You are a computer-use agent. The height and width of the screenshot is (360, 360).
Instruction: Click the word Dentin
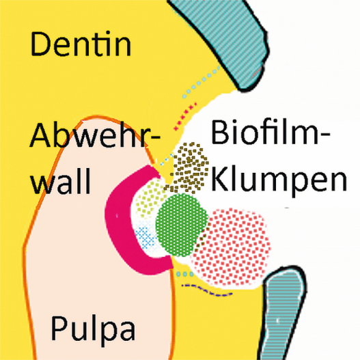pyautogui.click(x=81, y=44)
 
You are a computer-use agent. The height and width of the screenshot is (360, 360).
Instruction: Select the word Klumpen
pyautogui.click(x=279, y=181)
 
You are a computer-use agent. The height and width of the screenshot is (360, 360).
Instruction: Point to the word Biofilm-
pyautogui.click(x=271, y=133)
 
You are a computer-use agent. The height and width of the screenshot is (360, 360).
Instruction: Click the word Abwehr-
pyautogui.click(x=95, y=135)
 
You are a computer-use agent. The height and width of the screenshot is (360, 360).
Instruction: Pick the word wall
pyautogui.click(x=61, y=181)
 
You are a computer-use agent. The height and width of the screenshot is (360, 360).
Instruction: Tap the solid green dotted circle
pyautogui.click(x=182, y=225)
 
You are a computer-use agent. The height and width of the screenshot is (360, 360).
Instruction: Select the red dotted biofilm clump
pyautogui.click(x=232, y=248)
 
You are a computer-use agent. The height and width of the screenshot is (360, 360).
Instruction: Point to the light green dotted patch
pyautogui.click(x=149, y=197)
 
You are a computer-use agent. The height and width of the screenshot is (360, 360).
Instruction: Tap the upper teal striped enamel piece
pyautogui.click(x=226, y=39)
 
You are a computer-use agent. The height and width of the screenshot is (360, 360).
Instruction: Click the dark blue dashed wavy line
pyautogui.click(x=206, y=290)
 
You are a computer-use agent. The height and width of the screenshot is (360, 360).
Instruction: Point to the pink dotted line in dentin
pyautogui.click(x=185, y=116)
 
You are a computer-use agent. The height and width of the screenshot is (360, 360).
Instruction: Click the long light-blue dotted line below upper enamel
pyautogui.click(x=201, y=81)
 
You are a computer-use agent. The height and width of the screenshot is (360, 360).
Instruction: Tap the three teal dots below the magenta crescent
pyautogui.click(x=185, y=274)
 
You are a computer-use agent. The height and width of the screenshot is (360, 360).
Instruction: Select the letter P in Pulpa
pyautogui.click(x=58, y=329)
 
